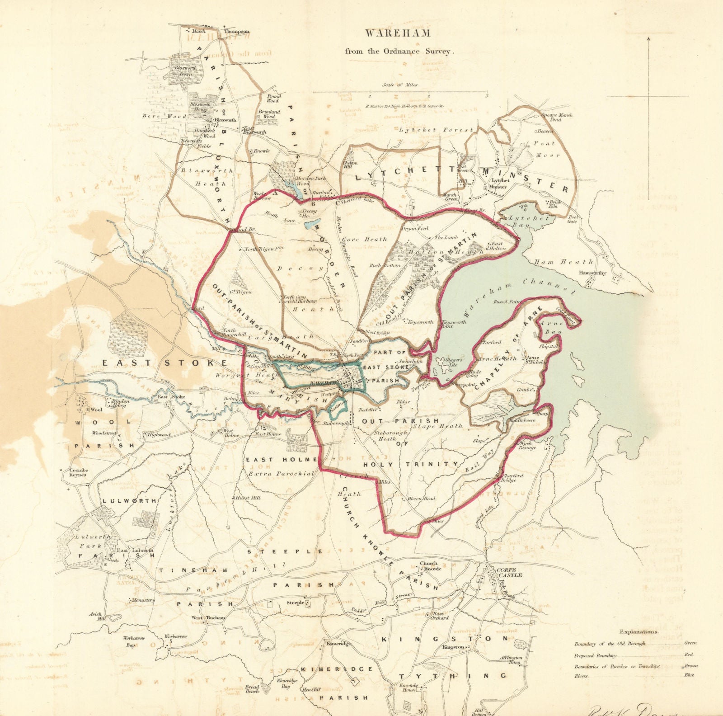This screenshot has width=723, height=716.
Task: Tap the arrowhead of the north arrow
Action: pos(648,39)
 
